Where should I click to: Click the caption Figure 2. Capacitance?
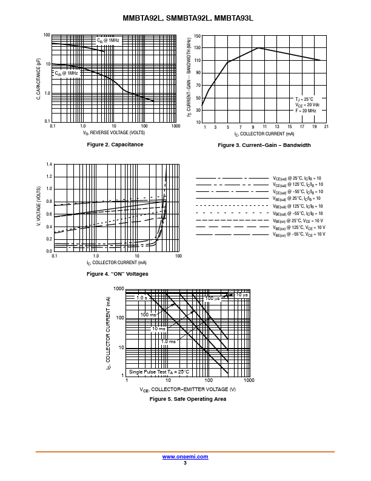[x=115, y=145]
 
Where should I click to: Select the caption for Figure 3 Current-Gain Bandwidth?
[x=264, y=145]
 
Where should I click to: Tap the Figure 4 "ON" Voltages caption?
[x=118, y=274]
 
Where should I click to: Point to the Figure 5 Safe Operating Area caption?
[x=188, y=399]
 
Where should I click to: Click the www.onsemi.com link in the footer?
[x=185, y=457]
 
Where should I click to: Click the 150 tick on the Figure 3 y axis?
[x=198, y=35]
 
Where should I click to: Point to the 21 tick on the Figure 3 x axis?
[x=326, y=126]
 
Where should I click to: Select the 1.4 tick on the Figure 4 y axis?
[x=49, y=165]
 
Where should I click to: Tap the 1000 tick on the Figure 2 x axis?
[x=176, y=126]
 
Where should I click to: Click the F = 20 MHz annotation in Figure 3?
[x=306, y=111]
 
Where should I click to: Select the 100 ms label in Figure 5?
[x=149, y=315]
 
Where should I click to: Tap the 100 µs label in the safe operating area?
[x=212, y=298]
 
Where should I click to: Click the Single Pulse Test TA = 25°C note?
[x=159, y=372]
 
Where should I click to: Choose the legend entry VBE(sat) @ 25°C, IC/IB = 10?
[x=297, y=199]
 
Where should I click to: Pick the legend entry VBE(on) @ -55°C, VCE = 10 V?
[x=299, y=234]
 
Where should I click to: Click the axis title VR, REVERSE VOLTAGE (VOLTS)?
[x=114, y=132]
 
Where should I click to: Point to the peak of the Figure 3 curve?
[x=258, y=48]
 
